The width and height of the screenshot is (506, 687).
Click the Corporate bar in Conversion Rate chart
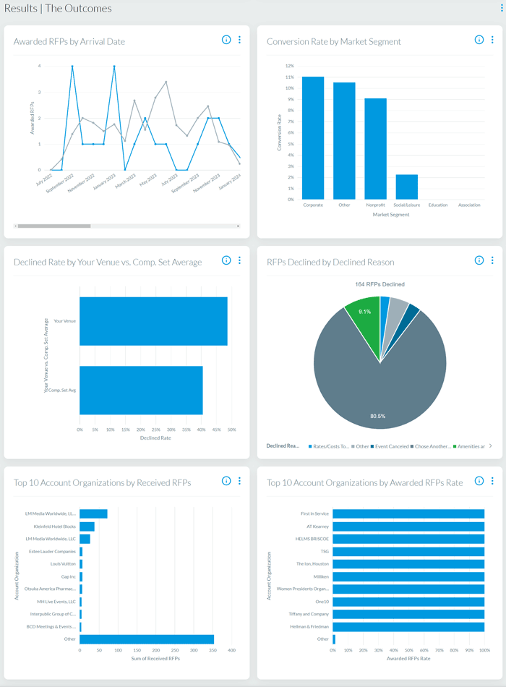[x=313, y=137]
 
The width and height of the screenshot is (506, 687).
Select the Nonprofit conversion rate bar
[x=375, y=148]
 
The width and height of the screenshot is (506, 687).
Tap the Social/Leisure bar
[x=406, y=187]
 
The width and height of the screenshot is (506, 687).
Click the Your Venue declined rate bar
[x=153, y=321]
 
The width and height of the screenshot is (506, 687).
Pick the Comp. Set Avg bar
[x=141, y=390]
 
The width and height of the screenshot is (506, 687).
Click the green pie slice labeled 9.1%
[x=364, y=317]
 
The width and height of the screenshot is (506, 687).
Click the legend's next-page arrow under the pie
[x=491, y=446]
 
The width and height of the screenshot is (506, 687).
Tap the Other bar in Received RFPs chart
[x=147, y=639]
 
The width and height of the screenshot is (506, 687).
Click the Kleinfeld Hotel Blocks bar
[x=87, y=526]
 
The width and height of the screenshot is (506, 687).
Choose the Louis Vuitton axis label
[x=63, y=564]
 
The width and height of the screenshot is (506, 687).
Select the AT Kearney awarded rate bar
[x=408, y=526]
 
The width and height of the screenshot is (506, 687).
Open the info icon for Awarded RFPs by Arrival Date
[x=226, y=40]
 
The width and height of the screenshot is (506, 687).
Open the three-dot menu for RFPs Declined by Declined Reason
[x=492, y=260]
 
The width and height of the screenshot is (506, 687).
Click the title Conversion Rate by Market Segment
[x=333, y=41]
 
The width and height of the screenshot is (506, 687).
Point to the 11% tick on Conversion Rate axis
[x=290, y=77]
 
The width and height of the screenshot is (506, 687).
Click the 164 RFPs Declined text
[x=379, y=284]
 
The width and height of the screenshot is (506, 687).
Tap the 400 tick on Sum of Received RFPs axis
[x=232, y=650]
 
